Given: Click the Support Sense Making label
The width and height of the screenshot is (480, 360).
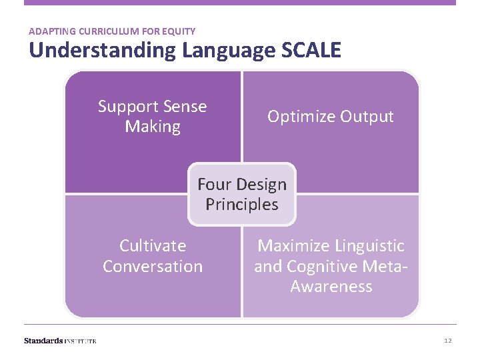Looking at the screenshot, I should click(153, 117).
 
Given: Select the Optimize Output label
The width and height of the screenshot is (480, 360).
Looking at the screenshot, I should click(331, 116).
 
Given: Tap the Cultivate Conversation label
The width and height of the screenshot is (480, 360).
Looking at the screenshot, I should click(153, 256).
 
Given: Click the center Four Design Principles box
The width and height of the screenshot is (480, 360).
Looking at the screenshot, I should click(242, 194).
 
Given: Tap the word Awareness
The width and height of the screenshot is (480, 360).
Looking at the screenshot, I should click(331, 287).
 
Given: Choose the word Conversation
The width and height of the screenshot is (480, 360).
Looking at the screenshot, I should click(153, 267).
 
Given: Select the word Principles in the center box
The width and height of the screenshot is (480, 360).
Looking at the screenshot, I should click(242, 205).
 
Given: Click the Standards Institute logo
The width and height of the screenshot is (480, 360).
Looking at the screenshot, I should click(60, 341).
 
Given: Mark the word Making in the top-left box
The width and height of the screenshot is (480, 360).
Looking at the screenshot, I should click(153, 127).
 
